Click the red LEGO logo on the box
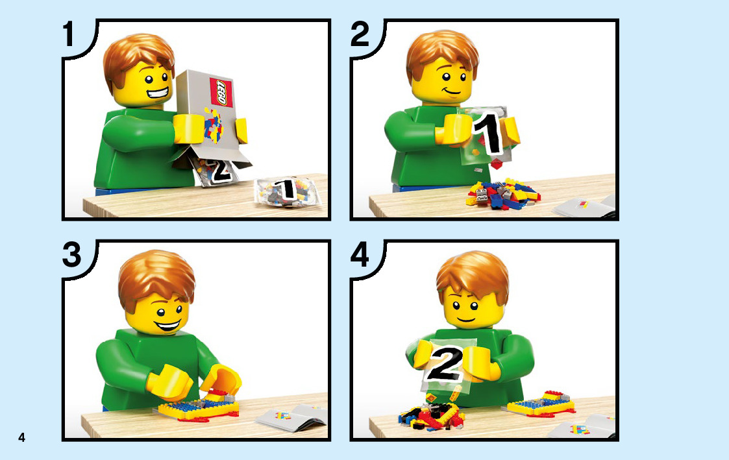[222, 93]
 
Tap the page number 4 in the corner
[21, 437]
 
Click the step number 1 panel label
[69, 34]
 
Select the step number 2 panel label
[360, 34]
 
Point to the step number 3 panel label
[72, 254]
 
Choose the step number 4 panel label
[360, 254]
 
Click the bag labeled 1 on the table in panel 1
[288, 191]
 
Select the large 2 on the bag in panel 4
[445, 363]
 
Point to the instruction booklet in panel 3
[291, 417]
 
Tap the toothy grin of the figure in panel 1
[158, 93]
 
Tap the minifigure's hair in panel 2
[441, 55]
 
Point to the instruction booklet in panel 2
[584, 207]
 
